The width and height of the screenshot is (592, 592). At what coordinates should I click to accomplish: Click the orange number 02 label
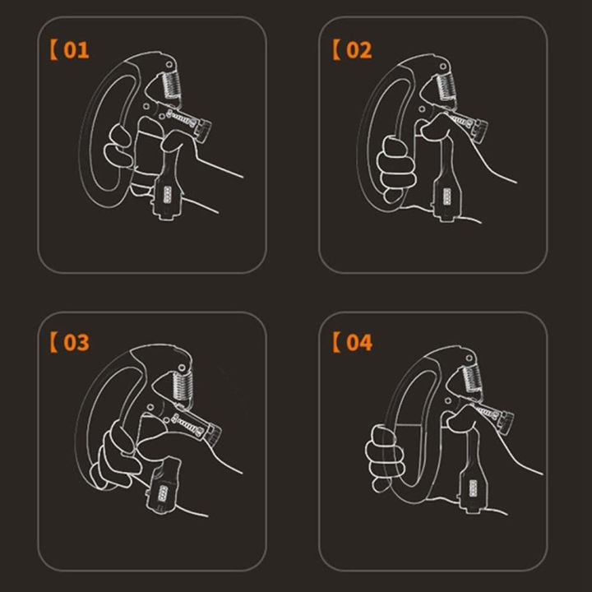coord(354,50)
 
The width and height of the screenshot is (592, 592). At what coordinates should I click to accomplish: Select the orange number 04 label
coord(354,342)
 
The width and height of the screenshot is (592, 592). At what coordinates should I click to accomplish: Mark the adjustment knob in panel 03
coord(210,431)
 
